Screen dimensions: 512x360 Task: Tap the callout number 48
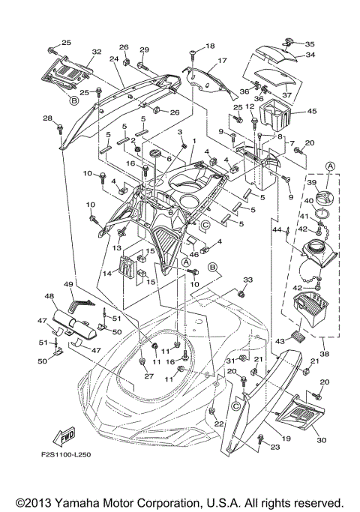coord(49,297)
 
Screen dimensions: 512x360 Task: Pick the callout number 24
coord(115,59)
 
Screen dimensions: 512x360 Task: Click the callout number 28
coord(47,119)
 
